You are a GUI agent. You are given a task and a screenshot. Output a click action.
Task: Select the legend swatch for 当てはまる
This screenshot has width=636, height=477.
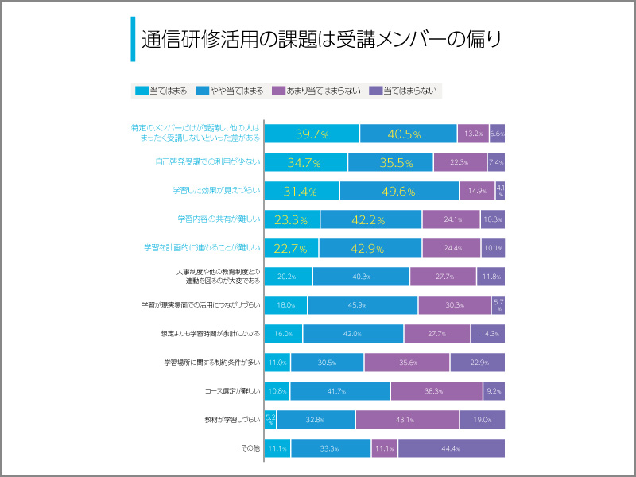pos(142,91)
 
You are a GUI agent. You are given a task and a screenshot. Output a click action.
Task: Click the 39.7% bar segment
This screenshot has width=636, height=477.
pos(312,134)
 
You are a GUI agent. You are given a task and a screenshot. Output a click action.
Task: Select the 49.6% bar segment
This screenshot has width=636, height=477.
pos(399,191)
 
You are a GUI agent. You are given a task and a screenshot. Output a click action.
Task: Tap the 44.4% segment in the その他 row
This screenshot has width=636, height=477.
pos(452,448)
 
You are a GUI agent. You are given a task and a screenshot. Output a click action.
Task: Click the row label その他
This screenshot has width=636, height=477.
pos(250,448)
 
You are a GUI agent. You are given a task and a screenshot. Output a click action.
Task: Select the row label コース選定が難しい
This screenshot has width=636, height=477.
pos(232,391)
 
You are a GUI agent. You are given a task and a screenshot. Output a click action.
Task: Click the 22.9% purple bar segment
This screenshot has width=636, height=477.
pos(477,363)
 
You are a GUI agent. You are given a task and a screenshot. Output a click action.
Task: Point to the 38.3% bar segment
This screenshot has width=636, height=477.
pos(436,391)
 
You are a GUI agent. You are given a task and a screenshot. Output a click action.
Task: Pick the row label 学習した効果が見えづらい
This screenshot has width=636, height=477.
pos(216,191)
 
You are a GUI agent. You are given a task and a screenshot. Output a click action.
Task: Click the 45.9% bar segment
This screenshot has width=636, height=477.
pos(363,305)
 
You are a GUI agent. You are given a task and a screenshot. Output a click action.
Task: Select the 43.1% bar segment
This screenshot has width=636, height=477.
pos(407,420)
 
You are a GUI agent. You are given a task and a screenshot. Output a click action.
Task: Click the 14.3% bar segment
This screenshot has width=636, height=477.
pos(487,334)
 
